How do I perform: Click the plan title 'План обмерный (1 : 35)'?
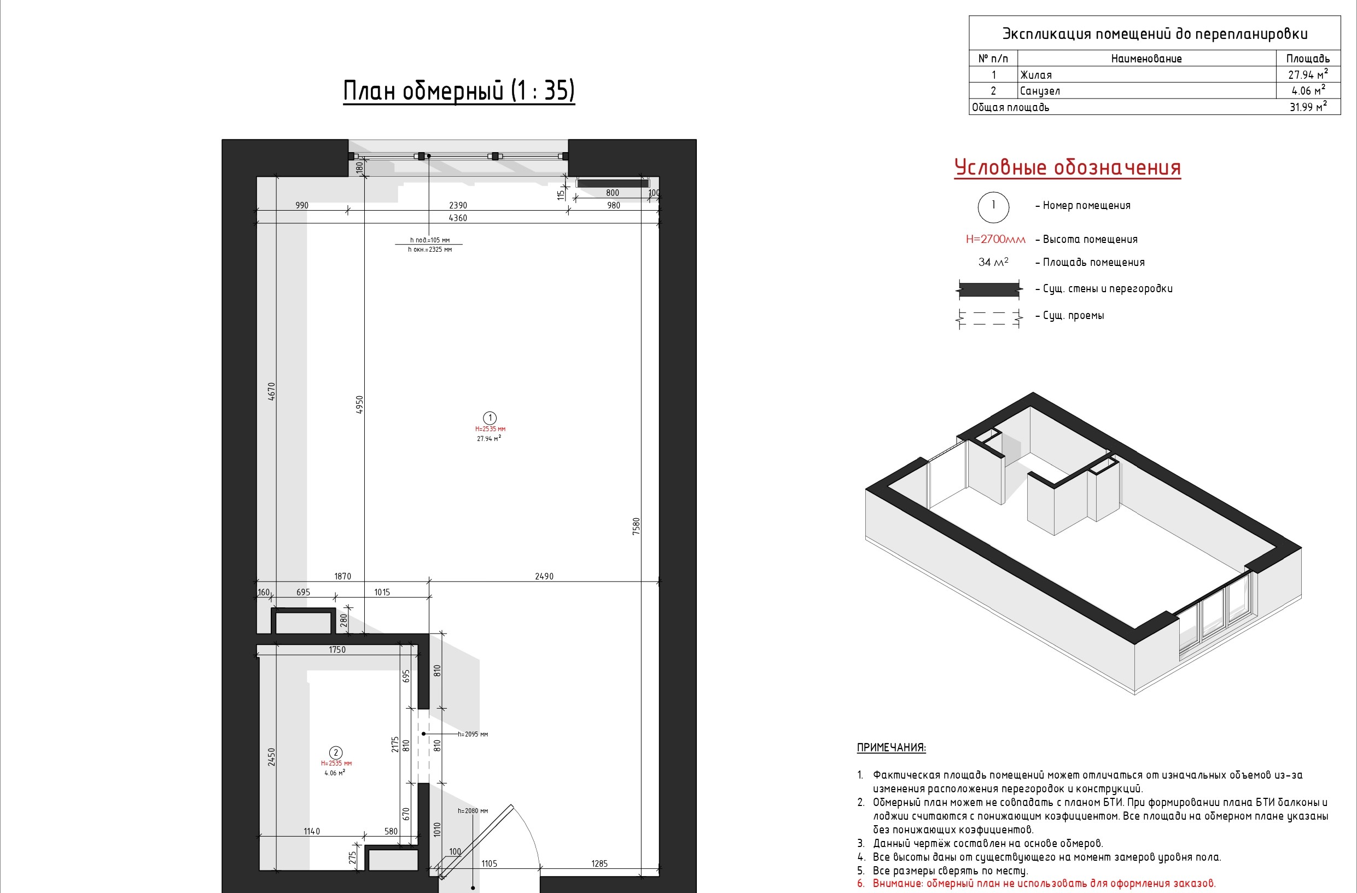coord(459,91)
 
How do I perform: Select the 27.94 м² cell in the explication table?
coord(1308,74)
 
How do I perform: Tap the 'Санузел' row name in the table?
coord(1040,91)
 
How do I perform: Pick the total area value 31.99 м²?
coord(1308,107)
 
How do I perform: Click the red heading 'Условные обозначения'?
coord(1067,167)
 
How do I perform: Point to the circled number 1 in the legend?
coord(993,206)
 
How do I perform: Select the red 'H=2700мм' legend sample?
coord(995,240)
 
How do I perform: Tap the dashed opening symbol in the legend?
coord(989,318)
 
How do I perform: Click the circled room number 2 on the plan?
coord(336,753)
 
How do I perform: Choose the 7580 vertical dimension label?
coord(636,526)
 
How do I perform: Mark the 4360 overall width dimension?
coord(458,218)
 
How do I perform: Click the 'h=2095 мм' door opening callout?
coord(473,734)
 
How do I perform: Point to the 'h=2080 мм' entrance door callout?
coord(473,810)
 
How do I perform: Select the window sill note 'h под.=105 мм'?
coord(430,240)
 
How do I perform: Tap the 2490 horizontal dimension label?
coord(544,577)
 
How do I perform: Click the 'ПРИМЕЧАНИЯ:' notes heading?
coord(891,747)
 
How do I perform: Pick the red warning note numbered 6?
coord(1036,883)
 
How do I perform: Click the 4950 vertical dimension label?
coord(359,404)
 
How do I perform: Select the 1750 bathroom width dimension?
coord(337,650)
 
